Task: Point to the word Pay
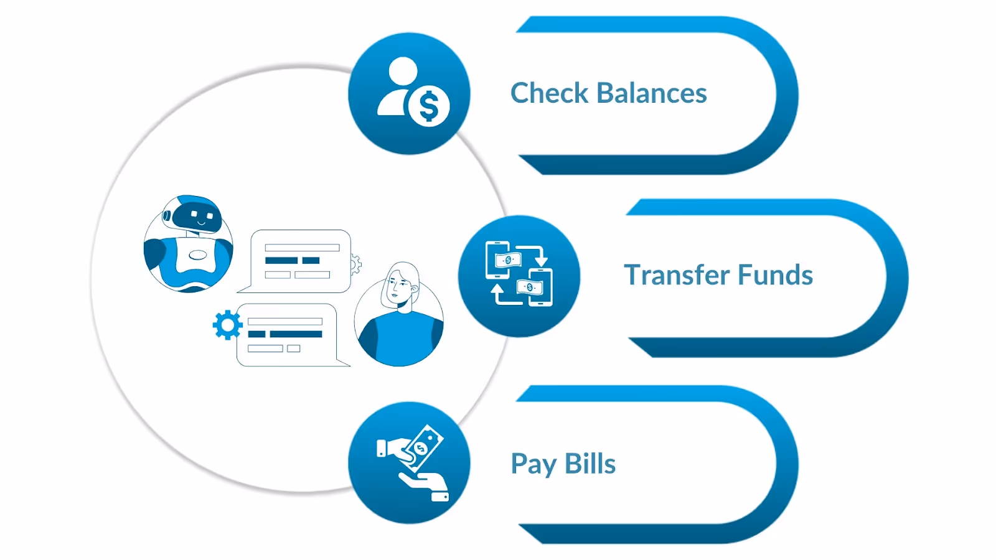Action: pos(533,464)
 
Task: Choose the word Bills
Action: pos(590,464)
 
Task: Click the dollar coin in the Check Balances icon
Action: pos(429,106)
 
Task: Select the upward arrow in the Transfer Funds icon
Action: pos(497,292)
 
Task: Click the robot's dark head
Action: pos(196,215)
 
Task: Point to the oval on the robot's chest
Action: pos(197,254)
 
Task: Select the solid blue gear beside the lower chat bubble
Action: pos(227,325)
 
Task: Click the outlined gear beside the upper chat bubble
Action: pos(355,264)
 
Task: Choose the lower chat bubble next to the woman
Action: pos(286,335)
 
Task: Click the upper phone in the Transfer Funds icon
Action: pos(499,259)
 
